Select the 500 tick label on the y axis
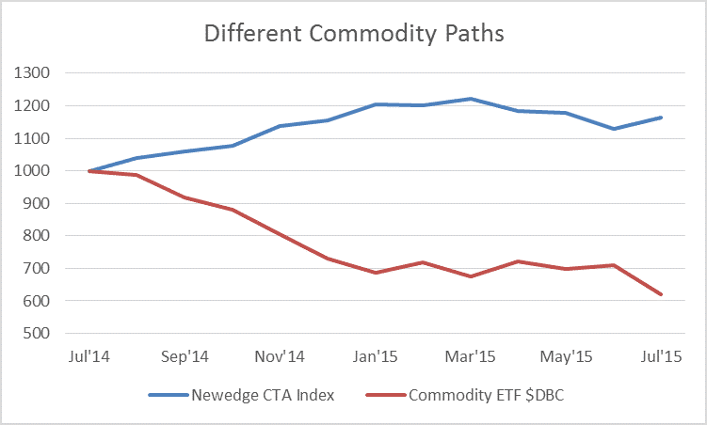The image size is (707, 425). pos(37,334)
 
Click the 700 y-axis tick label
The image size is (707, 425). pos(37,269)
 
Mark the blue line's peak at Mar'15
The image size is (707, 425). pos(471,99)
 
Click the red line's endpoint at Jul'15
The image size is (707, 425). pos(662,294)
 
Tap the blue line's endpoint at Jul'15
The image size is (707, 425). pos(662,118)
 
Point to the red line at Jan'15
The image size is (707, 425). pos(376,273)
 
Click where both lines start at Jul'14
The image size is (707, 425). pos(88,171)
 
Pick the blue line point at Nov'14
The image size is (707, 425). pos(280,126)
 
